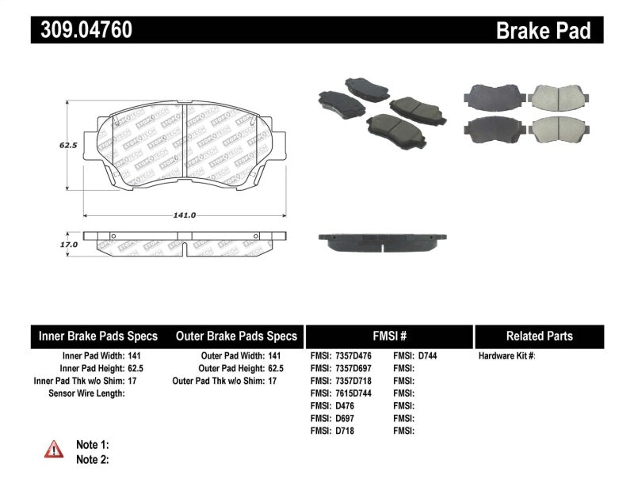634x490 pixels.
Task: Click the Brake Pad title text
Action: point(544,31)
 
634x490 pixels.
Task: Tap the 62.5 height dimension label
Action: point(67,146)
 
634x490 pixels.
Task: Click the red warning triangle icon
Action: point(53,450)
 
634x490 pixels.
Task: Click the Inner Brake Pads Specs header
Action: point(98,336)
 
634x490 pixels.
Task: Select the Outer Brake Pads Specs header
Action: point(236,336)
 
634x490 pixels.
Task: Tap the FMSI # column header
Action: point(388,336)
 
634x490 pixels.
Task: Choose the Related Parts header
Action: point(539,336)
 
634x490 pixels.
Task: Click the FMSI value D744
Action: point(427,355)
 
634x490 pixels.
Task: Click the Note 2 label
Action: point(93,458)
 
